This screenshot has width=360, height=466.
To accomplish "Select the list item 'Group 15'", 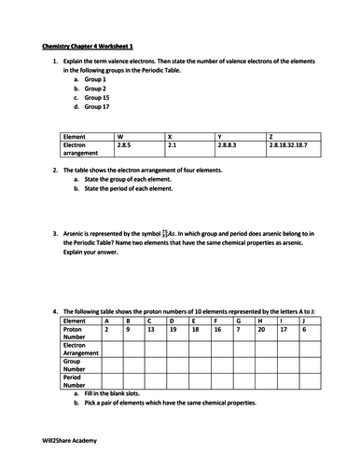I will click(x=95, y=98).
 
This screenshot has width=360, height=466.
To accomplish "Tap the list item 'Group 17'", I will click(x=95, y=108).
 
